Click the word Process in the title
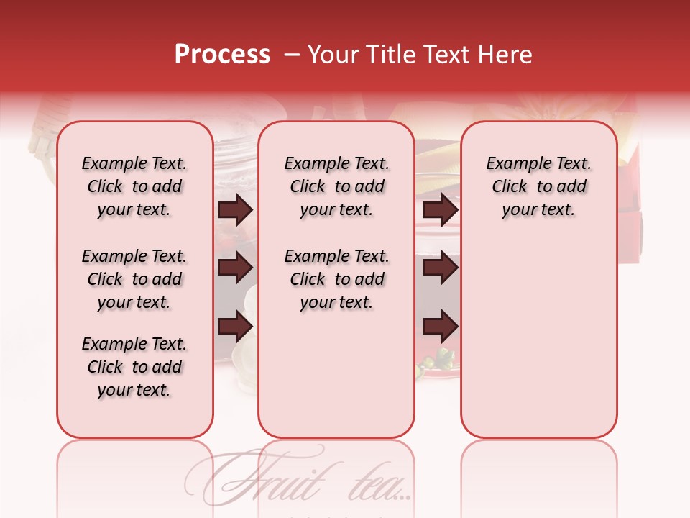tap(222, 55)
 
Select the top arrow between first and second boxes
tap(235, 210)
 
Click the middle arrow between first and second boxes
tap(235, 268)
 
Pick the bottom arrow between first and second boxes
tap(235, 327)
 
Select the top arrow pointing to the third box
tap(440, 210)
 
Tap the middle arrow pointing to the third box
tap(440, 268)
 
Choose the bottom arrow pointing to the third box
tap(440, 327)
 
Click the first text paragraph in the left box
tap(134, 186)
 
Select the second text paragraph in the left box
tap(134, 279)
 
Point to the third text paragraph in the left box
tap(134, 367)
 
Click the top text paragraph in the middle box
tap(336, 186)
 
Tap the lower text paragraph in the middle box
tap(336, 279)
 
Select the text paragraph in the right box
tap(539, 186)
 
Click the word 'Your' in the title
tap(333, 55)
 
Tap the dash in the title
tap(291, 55)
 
